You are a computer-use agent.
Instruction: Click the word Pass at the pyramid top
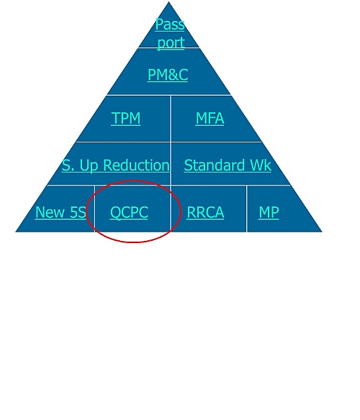tap(170, 24)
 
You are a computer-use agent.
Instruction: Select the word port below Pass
tap(171, 43)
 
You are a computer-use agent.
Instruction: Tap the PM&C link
tap(168, 75)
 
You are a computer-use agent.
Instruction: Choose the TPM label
tap(126, 118)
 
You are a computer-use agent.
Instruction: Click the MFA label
tap(210, 118)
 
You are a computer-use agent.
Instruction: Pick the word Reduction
tap(136, 165)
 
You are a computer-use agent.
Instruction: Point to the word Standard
tap(214, 165)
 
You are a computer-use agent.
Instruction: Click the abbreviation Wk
tap(261, 165)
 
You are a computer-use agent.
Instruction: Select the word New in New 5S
tap(50, 212)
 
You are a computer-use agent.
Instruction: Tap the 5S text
tap(78, 212)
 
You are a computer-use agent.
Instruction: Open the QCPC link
tap(129, 212)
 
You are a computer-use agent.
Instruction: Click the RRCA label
tap(205, 212)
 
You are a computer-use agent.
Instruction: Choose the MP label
tap(269, 212)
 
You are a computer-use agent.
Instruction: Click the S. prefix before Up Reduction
tap(68, 165)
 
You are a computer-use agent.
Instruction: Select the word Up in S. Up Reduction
tap(89, 166)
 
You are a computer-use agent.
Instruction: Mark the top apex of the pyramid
tap(168, 1)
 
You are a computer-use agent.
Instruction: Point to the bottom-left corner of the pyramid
tap(16, 232)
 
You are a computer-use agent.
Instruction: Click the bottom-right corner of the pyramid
tap(322, 232)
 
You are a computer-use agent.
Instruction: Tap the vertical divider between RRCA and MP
tap(246, 209)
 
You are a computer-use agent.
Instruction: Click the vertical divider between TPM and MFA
tap(171, 119)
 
